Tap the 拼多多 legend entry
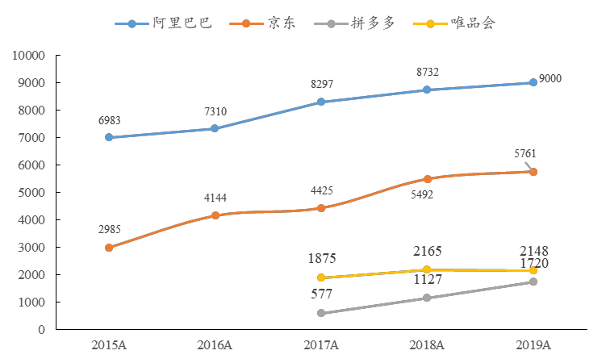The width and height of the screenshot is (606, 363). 360,23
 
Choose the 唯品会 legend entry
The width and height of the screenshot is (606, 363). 457,23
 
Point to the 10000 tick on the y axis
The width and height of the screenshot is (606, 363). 28,56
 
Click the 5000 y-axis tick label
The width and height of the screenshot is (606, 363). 31,193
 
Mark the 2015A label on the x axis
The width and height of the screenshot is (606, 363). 109,345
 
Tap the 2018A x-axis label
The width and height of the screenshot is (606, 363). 427,345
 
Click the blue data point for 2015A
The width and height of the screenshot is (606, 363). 109,138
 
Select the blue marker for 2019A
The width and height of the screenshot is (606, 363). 533,82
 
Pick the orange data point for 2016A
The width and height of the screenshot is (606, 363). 215,215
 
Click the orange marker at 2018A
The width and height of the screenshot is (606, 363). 427,179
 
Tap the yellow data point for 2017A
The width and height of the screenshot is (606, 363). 321,278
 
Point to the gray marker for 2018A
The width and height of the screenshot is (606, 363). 427,298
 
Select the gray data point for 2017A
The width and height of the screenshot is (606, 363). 321,313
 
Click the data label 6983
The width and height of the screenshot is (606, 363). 110,121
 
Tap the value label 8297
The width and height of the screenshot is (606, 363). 322,85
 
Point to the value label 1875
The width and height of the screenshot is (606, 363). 322,259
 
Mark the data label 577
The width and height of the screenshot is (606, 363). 322,294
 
